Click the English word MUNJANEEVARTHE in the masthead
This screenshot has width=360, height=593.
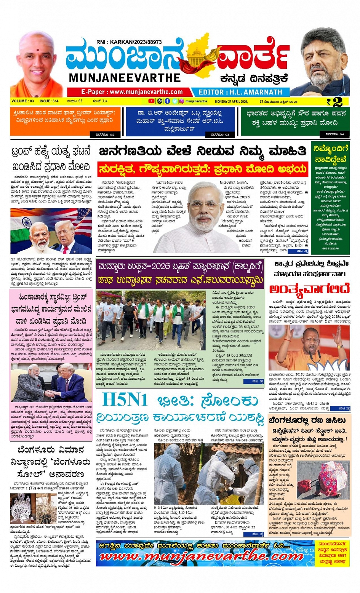pyautogui.click(x=125, y=78)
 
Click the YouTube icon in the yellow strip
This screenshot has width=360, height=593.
pyautogui.click(x=151, y=101)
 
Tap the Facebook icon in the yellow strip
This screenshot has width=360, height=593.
pyautogui.click(x=167, y=101)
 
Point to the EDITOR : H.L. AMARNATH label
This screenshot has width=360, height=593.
pyautogui.click(x=240, y=92)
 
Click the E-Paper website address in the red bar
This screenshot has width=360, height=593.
pyautogui.click(x=132, y=92)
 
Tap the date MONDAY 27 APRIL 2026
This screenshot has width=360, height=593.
pyautogui.click(x=231, y=101)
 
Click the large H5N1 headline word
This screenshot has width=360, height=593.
pyautogui.click(x=125, y=400)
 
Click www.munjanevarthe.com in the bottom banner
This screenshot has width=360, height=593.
pyautogui.click(x=201, y=556)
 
